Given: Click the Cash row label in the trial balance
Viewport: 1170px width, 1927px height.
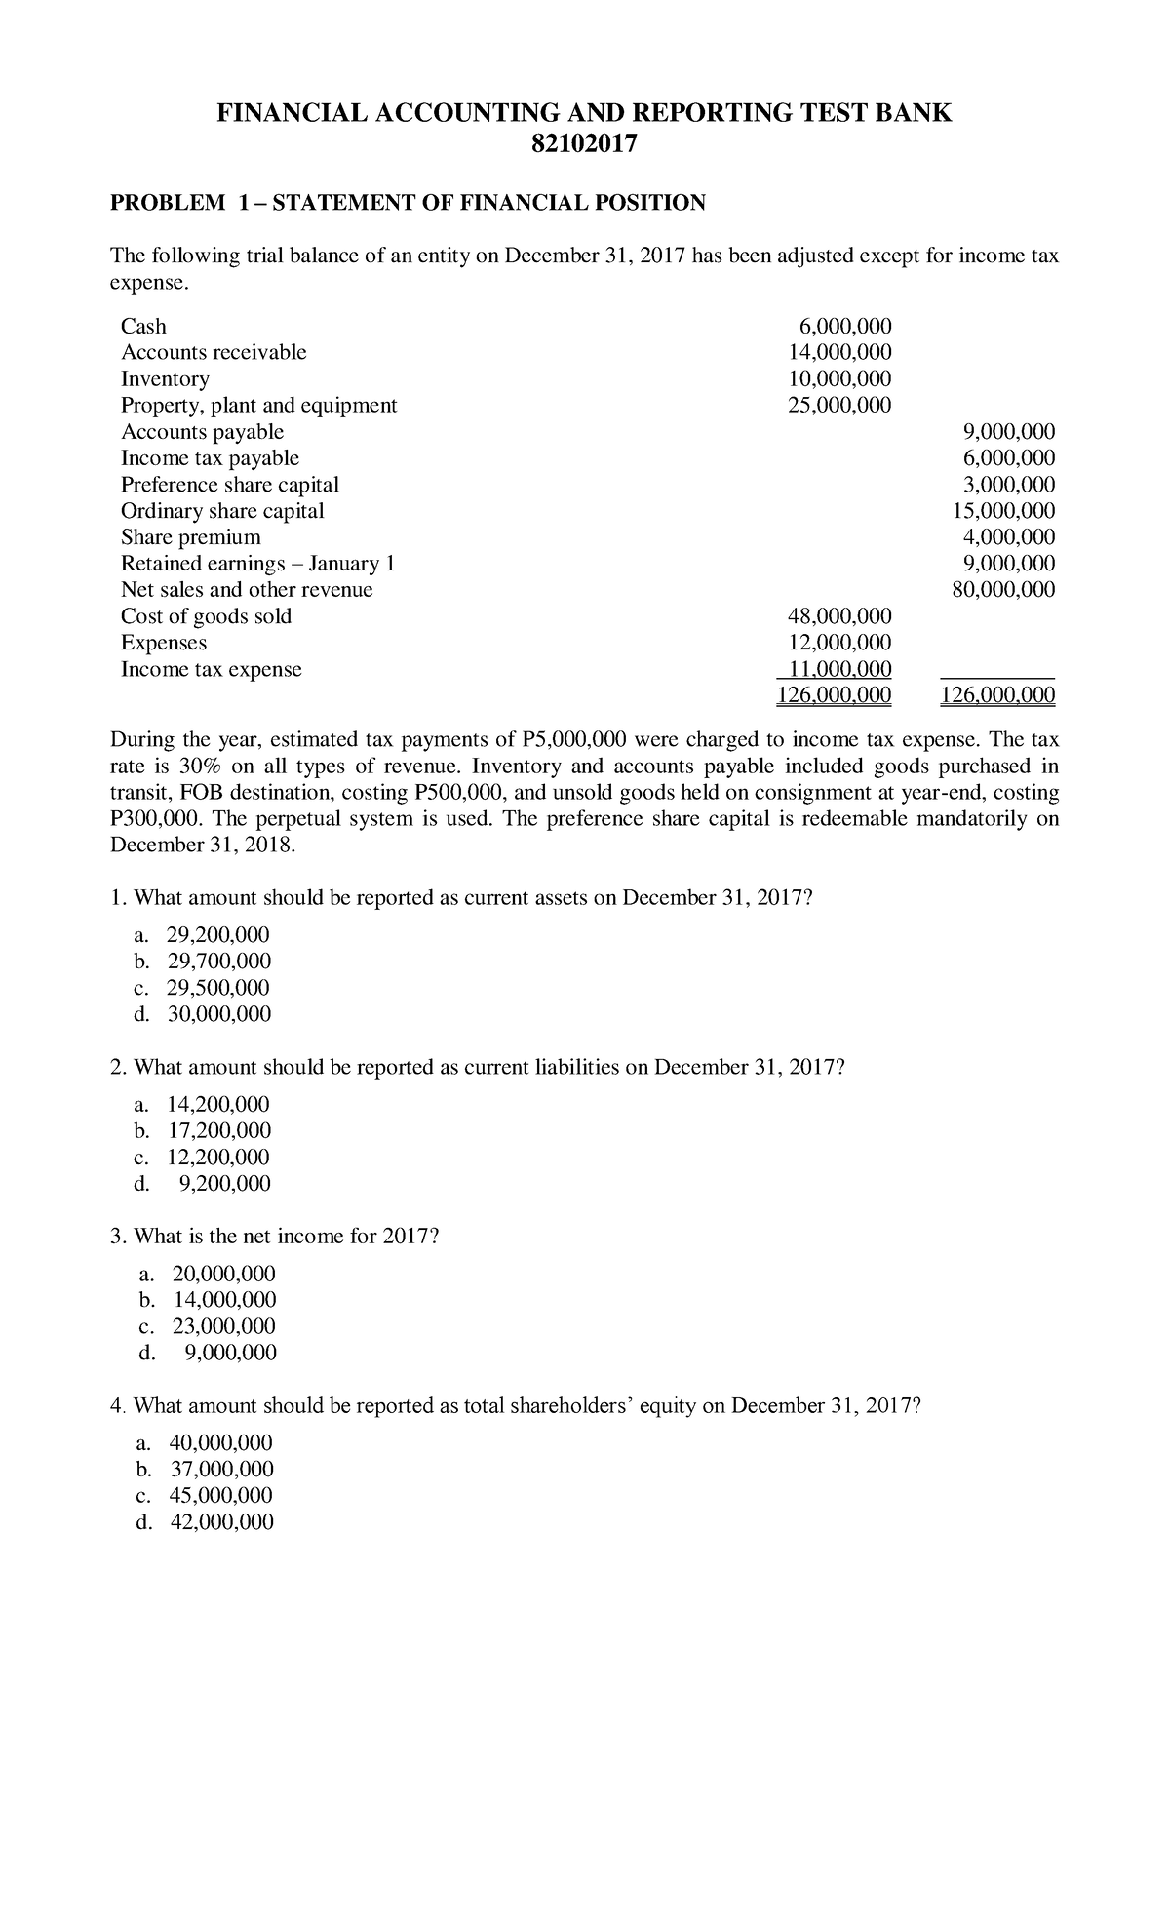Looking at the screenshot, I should (143, 326).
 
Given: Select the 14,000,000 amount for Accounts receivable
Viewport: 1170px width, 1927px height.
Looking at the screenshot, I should (839, 352).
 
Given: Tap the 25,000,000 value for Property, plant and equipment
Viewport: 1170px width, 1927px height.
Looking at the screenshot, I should (839, 405).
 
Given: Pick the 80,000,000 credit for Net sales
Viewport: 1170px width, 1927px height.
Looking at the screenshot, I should (1003, 589).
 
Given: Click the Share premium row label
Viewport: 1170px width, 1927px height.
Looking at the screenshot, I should (190, 536).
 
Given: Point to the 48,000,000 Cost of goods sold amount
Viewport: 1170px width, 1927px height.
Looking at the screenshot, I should (839, 615).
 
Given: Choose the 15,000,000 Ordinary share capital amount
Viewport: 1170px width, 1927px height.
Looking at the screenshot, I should (1003, 510).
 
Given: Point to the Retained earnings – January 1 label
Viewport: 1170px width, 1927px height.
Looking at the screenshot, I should (257, 563).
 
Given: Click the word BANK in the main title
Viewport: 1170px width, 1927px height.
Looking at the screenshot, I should (916, 113).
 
